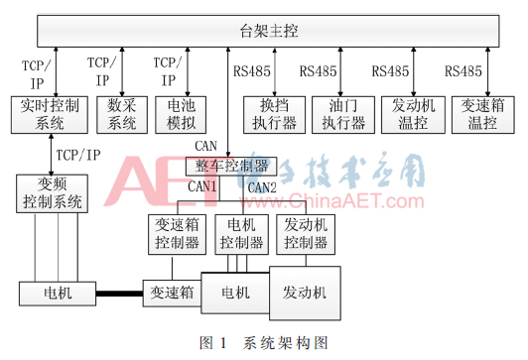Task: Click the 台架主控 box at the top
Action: pyautogui.click(x=268, y=31)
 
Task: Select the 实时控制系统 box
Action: pyautogui.click(x=50, y=115)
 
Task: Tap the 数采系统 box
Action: pyautogui.click(x=122, y=115)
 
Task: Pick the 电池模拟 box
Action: pyautogui.click(x=181, y=115)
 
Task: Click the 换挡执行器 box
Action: pyautogui.click(x=275, y=115)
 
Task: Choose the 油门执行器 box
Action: pyautogui.click(x=343, y=115)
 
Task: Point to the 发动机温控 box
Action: pyautogui.click(x=413, y=115)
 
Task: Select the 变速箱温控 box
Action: pyautogui.click(x=483, y=115)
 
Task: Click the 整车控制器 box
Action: pyautogui.click(x=231, y=167)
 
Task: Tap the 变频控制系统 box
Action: pyautogui.click(x=53, y=193)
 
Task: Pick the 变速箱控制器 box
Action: pyautogui.click(x=177, y=234)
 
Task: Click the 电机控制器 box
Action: pyautogui.click(x=242, y=234)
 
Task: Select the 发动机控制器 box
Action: pyautogui.click(x=306, y=234)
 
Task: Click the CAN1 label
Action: pyautogui.click(x=202, y=186)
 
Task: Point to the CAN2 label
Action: pyautogui.click(x=262, y=187)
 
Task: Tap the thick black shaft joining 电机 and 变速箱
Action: pyautogui.click(x=119, y=294)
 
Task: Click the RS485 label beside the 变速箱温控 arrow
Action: pyautogui.click(x=463, y=71)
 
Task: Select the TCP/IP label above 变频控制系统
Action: pyautogui.click(x=78, y=155)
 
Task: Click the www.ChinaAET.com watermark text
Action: pyautogui.click(x=331, y=201)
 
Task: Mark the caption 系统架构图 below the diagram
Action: pyautogui.click(x=285, y=343)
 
